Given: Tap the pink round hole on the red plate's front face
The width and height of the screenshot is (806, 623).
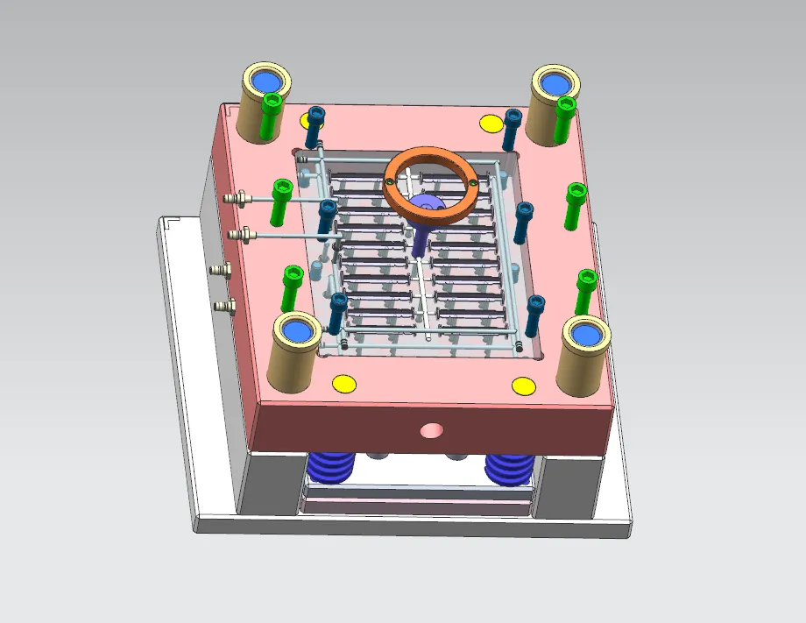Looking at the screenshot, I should [431, 430].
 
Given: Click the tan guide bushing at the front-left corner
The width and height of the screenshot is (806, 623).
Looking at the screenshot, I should [294, 350].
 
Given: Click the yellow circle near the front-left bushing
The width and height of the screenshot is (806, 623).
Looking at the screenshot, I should [343, 383].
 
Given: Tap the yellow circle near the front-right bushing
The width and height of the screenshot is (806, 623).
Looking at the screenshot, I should [523, 386].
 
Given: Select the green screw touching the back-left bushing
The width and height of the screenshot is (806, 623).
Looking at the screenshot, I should [272, 118].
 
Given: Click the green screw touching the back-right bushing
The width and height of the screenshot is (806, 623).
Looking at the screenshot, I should [565, 119].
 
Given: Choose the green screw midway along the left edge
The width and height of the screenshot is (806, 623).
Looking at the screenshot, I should [281, 202].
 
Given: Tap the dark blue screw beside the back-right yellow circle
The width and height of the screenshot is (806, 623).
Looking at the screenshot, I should [513, 129].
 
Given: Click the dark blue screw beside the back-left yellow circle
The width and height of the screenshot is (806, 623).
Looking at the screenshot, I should [315, 127].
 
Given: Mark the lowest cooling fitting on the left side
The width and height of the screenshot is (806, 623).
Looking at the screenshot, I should [224, 305].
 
